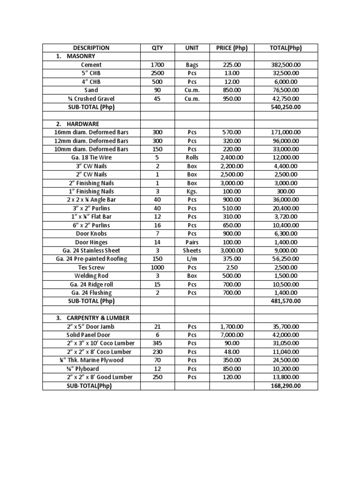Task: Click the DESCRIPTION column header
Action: (x=91, y=48)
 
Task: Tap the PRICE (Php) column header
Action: (x=232, y=48)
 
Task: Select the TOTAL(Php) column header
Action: (x=286, y=48)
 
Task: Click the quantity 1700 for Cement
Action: (x=157, y=65)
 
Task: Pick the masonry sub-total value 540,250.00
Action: (x=286, y=107)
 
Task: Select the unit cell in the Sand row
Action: (x=192, y=90)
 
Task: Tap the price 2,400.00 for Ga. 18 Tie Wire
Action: (x=232, y=157)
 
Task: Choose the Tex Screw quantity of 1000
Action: (x=157, y=267)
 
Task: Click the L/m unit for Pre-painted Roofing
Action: (x=192, y=259)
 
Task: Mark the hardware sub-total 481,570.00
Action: (x=286, y=301)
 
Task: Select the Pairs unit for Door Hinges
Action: (x=192, y=242)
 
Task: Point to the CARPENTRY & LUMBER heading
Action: (x=94, y=318)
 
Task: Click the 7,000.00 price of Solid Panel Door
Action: (x=232, y=335)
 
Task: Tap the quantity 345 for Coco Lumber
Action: (x=157, y=343)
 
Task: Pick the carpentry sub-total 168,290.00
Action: (x=286, y=386)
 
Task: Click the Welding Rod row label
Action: (x=91, y=276)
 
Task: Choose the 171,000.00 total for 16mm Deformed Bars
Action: (x=286, y=133)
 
